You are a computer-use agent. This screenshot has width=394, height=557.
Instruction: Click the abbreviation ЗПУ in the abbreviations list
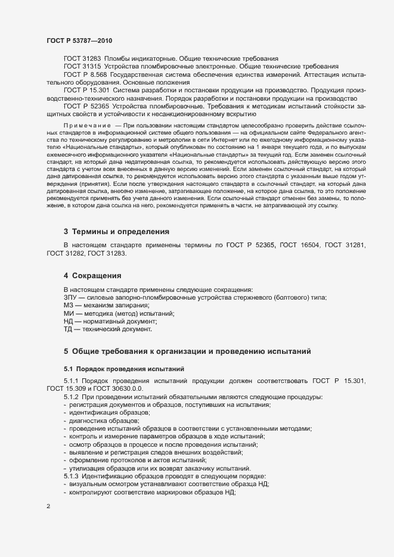pyautogui.click(x=70, y=297)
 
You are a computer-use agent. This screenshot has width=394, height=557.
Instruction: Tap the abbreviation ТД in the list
pyautogui.click(x=68, y=329)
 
